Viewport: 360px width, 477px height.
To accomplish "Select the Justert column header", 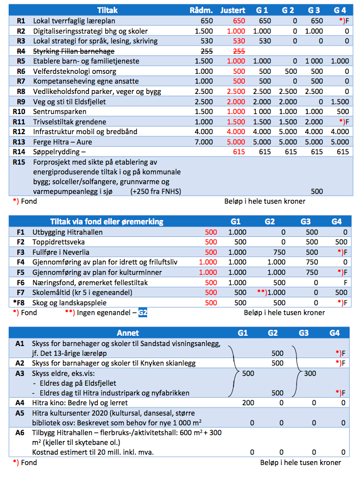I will (233, 10).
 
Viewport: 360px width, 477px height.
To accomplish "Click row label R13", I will (20, 142).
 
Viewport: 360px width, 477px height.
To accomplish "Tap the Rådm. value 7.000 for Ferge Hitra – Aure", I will (204, 142).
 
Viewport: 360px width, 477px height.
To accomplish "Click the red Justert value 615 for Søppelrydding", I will (239, 152).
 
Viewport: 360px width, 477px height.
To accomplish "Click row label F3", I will (21, 252).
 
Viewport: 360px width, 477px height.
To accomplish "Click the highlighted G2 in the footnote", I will (143, 313).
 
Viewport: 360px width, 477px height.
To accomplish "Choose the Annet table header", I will (128, 332).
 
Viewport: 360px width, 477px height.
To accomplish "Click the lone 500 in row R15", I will (317, 191).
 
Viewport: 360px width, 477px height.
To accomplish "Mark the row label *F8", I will (19, 303).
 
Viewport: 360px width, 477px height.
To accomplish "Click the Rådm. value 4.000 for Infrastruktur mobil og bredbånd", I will (204, 131).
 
